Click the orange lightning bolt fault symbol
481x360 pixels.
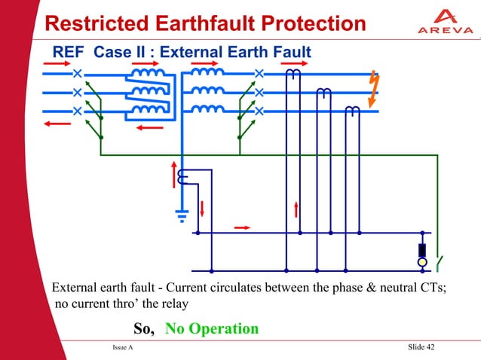tap(373, 89)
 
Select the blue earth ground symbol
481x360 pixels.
tap(182, 214)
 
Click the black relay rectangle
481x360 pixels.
tap(422, 250)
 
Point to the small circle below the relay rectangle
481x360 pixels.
tap(422, 262)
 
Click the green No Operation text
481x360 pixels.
tap(212, 329)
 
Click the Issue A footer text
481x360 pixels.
tap(122, 347)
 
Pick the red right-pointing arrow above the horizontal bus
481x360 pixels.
tap(243, 225)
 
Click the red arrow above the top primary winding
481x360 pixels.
tap(144, 63)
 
